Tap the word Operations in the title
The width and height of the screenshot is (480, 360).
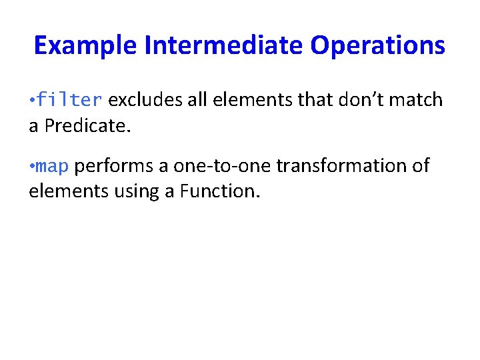377,46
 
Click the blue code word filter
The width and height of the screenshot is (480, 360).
69,100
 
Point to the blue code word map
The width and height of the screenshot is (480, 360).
53,165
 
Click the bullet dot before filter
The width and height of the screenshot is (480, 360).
31,101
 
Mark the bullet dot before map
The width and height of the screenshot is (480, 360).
31,166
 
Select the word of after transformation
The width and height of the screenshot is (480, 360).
420,165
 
